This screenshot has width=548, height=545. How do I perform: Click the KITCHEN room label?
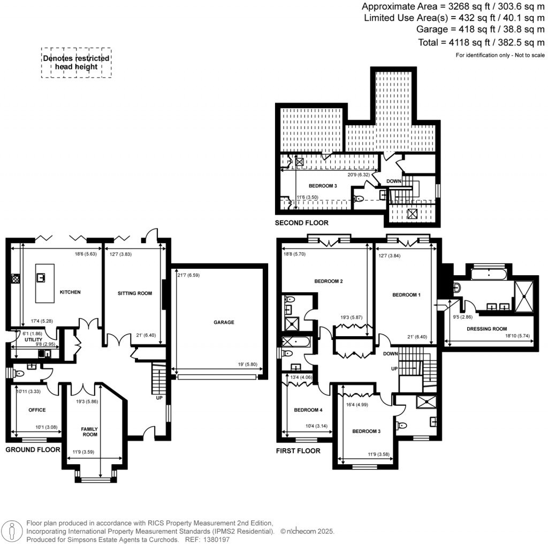[70, 292]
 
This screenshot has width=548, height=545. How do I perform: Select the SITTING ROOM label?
[135, 293]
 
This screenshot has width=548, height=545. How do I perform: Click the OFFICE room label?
[36, 410]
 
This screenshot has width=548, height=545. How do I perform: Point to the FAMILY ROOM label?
[89, 432]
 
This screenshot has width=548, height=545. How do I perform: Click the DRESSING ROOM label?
[487, 329]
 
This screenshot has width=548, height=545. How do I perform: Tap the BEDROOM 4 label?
[308, 411]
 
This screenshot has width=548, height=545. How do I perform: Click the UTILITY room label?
[25, 339]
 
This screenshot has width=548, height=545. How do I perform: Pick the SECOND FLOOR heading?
[301, 223]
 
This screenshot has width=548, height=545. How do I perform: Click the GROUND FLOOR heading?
[33, 450]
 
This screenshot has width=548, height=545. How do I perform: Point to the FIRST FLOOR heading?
[298, 451]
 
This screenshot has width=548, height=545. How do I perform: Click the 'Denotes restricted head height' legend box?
[77, 63]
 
